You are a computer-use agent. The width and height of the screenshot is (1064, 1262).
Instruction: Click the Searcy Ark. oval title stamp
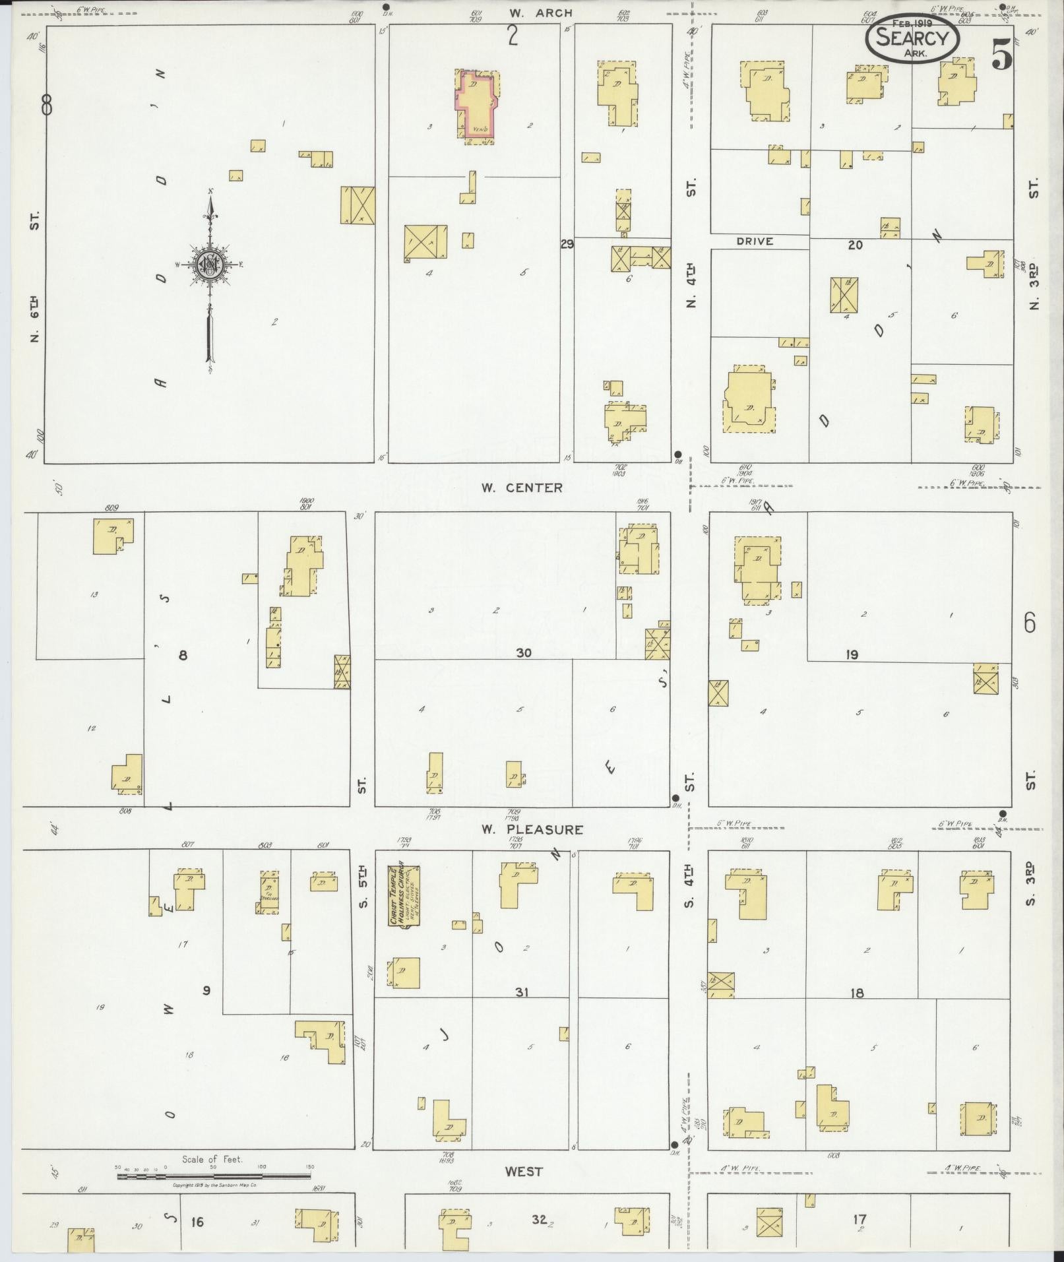click(x=912, y=39)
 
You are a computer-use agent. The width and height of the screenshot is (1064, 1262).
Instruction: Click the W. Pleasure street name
click(x=531, y=829)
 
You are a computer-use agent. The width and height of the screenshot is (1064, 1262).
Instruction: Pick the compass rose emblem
click(x=210, y=265)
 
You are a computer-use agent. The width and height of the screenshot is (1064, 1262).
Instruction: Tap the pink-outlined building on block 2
click(x=475, y=106)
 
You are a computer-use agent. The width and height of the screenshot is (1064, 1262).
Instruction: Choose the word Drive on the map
click(x=755, y=241)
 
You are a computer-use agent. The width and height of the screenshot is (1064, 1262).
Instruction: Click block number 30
click(x=524, y=652)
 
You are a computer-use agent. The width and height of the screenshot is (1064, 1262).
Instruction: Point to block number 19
click(x=852, y=655)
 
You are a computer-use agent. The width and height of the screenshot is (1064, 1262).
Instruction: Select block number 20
click(x=855, y=245)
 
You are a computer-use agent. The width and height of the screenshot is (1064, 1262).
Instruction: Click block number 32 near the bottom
click(x=539, y=1220)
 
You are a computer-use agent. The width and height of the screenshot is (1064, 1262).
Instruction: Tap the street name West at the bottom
click(x=524, y=1172)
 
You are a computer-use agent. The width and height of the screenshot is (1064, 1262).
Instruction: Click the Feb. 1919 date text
click(x=912, y=23)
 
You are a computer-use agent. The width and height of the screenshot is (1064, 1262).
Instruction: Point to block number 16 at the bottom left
click(x=196, y=1222)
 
